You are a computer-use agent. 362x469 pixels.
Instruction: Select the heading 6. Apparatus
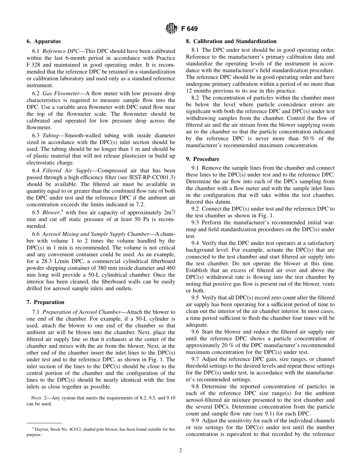(43, 41)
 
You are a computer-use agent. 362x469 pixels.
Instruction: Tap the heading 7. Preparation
(45, 302)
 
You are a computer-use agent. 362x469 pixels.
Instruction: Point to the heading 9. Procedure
(205, 159)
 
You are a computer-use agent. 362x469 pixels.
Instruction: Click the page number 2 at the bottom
(181, 450)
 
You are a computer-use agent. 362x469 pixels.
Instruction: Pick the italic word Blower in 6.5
(50, 212)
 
